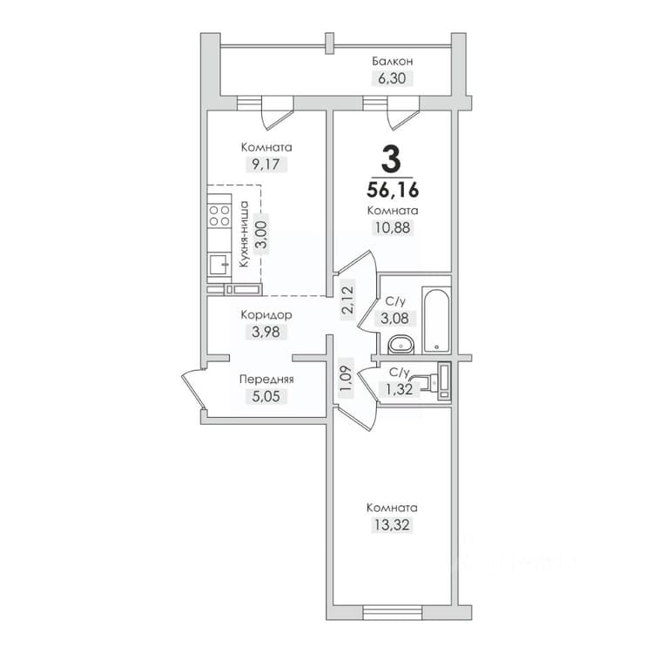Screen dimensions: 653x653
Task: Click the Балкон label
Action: (x=393, y=62)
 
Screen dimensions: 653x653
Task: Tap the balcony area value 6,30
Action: (x=392, y=78)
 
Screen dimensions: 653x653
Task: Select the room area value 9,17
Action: (x=266, y=165)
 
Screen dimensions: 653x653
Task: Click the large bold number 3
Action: (x=391, y=158)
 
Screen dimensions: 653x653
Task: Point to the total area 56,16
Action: (x=393, y=191)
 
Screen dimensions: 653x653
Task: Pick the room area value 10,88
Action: (x=393, y=228)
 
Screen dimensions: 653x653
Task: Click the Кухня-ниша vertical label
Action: (x=244, y=233)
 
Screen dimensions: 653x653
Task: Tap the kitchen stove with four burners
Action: (x=219, y=215)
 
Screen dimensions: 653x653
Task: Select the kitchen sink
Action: (x=219, y=265)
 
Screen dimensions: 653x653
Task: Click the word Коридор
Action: (x=266, y=315)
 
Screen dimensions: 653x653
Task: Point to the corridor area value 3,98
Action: (x=266, y=333)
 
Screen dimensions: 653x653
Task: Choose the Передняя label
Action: (x=266, y=380)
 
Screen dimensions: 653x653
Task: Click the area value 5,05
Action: (x=266, y=396)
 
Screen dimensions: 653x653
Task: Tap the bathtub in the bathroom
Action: (x=436, y=320)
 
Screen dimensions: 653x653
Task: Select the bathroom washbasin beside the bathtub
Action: (x=401, y=345)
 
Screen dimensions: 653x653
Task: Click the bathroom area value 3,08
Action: (x=394, y=319)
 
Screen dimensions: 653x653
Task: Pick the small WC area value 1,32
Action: (x=399, y=390)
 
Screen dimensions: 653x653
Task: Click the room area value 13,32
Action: (x=392, y=525)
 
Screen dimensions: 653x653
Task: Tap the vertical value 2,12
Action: (x=347, y=300)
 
